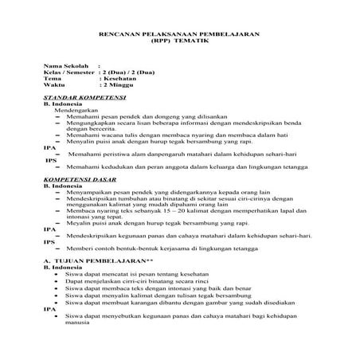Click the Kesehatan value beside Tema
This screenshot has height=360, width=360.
(116, 79)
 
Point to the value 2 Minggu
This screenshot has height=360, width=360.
(115, 85)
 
